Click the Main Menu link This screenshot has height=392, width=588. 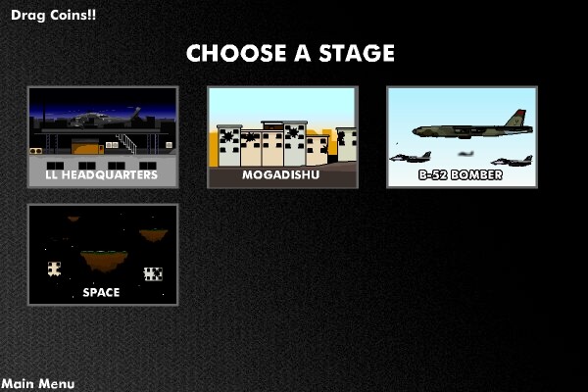pyautogui.click(x=38, y=384)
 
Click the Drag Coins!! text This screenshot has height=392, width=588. pyautogui.click(x=53, y=15)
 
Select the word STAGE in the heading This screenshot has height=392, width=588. pyautogui.click(x=357, y=53)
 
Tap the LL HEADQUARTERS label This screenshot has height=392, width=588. pyautogui.click(x=102, y=174)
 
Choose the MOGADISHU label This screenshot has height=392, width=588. pyautogui.click(x=281, y=174)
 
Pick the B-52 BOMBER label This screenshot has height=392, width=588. pyautogui.click(x=461, y=174)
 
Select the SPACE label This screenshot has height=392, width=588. pyautogui.click(x=101, y=292)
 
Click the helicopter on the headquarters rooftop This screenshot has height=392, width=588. pyautogui.click(x=104, y=119)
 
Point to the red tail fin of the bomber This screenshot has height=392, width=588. pyautogui.click(x=516, y=118)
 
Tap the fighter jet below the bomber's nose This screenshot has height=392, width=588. pyautogui.click(x=411, y=157)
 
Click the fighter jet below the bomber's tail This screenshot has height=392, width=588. pyautogui.click(x=512, y=161)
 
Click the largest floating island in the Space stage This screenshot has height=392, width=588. pyautogui.click(x=104, y=261)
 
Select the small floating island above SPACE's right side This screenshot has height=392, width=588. pyautogui.click(x=154, y=235)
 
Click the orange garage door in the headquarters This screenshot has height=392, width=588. pyautogui.click(x=85, y=147)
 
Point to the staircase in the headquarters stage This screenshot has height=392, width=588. pyautogui.click(x=126, y=143)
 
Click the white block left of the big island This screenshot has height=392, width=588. pyautogui.click(x=54, y=269)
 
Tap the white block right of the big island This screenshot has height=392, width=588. pyautogui.click(x=154, y=274)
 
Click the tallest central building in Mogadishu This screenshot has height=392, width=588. pyautogui.click(x=284, y=143)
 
